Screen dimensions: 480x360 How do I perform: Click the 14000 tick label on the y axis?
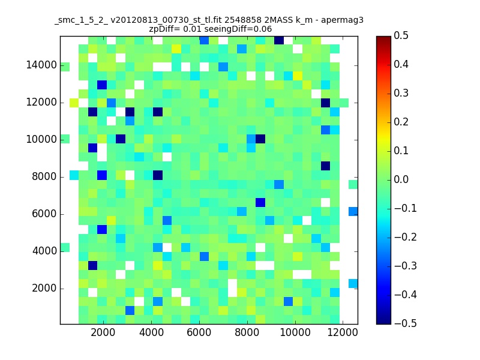click(41, 65)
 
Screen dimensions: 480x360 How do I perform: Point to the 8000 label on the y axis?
click(44, 176)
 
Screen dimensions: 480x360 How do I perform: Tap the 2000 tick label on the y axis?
click(44, 288)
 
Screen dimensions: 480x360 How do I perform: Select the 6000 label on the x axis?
click(199, 332)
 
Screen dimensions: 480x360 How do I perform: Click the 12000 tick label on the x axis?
click(343, 332)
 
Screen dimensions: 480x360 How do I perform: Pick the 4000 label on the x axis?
click(151, 332)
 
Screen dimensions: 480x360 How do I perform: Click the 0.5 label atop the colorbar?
click(401, 35)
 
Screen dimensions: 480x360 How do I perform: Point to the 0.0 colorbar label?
click(401, 179)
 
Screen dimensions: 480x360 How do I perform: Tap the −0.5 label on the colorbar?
click(406, 323)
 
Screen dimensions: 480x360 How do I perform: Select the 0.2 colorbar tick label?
click(401, 122)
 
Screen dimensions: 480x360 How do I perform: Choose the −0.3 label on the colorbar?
click(406, 266)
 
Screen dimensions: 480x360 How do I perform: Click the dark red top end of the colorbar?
click(383, 38)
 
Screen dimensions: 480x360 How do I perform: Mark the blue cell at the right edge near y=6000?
click(353, 211)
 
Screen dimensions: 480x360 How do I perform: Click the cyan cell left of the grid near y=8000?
click(74, 175)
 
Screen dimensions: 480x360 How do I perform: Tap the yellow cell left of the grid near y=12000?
click(74, 103)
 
